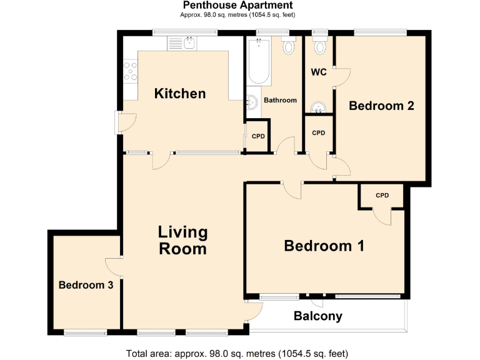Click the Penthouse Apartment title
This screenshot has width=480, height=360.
[x=238, y=5]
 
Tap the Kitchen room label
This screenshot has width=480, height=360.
[x=180, y=94]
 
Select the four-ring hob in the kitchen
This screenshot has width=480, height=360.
[x=131, y=71]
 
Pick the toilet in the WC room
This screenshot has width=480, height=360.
[x=321, y=46]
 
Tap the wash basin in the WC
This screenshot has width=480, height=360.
[x=319, y=107]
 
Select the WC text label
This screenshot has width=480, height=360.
[x=319, y=72]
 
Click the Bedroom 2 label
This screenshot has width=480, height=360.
[x=381, y=106]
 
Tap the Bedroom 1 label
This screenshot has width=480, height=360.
[x=324, y=246]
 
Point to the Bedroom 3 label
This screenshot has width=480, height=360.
[x=86, y=285]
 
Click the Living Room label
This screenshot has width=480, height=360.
[x=182, y=241]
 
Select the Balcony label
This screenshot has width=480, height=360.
[x=318, y=316]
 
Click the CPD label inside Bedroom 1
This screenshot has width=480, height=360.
[x=382, y=196]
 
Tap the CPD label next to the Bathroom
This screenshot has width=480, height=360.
[x=258, y=137]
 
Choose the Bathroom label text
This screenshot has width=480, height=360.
[x=279, y=100]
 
